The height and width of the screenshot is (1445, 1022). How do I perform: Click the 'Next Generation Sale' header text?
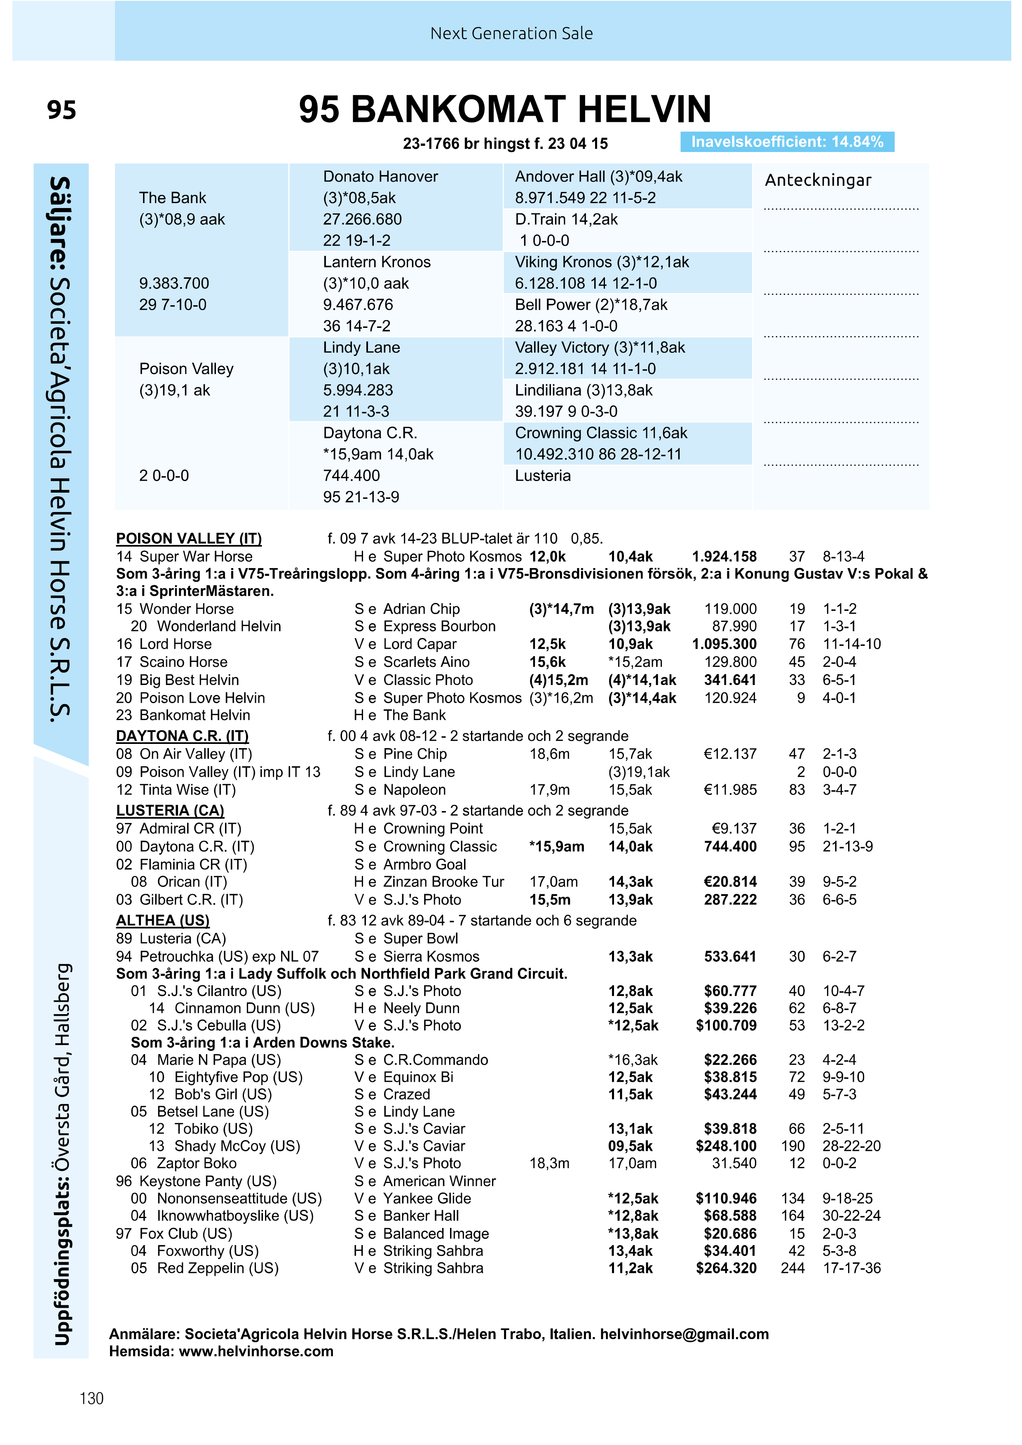(x=511, y=33)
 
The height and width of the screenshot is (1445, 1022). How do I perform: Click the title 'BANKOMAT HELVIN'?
(x=531, y=110)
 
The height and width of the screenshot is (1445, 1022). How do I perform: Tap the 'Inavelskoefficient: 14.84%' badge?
(x=787, y=142)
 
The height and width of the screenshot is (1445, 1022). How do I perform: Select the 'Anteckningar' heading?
(x=818, y=180)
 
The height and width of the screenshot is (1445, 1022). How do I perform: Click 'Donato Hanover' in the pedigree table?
(x=380, y=177)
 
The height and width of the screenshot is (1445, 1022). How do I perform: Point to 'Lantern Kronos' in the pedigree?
(x=377, y=262)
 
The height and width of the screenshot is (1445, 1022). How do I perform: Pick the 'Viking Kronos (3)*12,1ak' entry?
(x=601, y=262)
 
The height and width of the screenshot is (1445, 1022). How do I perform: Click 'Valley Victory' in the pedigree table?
(x=563, y=347)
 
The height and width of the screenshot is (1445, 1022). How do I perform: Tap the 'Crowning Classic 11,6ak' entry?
(x=601, y=433)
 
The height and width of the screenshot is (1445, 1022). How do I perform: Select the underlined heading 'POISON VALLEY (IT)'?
(x=189, y=539)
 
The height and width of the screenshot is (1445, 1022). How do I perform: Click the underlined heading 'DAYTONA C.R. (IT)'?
(x=182, y=737)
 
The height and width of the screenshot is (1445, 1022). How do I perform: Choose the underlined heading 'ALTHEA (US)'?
(x=162, y=921)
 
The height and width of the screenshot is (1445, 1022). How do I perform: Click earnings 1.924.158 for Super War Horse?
(x=724, y=557)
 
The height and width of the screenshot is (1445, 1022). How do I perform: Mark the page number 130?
(x=91, y=1398)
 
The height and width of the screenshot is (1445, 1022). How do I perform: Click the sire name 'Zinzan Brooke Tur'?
(x=443, y=882)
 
